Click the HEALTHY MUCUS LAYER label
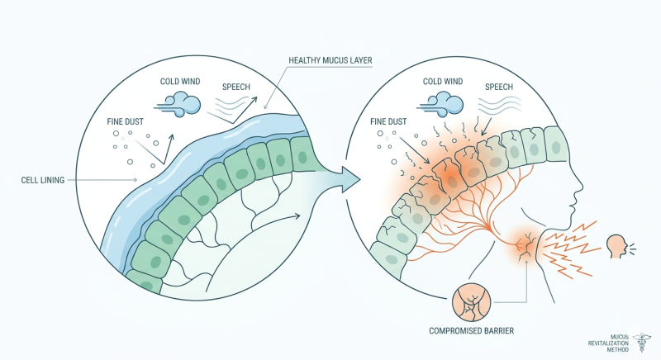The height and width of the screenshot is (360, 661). [330, 60]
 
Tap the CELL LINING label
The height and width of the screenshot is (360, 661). [43, 180]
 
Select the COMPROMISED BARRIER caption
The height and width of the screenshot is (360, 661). [471, 331]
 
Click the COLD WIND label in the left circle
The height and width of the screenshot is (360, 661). [180, 81]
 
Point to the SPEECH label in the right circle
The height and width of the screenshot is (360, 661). [499, 88]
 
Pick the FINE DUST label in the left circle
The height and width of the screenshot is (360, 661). [126, 121]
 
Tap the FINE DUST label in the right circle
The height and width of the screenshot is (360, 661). [388, 121]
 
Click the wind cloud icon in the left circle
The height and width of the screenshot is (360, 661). [178, 105]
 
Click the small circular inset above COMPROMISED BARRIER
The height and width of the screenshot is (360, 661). [471, 303]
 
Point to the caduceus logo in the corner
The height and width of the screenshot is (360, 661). [642, 343]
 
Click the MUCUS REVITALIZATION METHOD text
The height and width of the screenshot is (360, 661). [608, 343]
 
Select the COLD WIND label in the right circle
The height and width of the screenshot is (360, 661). [443, 81]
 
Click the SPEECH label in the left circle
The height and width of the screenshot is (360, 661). [236, 88]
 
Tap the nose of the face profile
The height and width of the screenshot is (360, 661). [580, 185]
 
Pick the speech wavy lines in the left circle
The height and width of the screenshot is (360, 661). [231, 103]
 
